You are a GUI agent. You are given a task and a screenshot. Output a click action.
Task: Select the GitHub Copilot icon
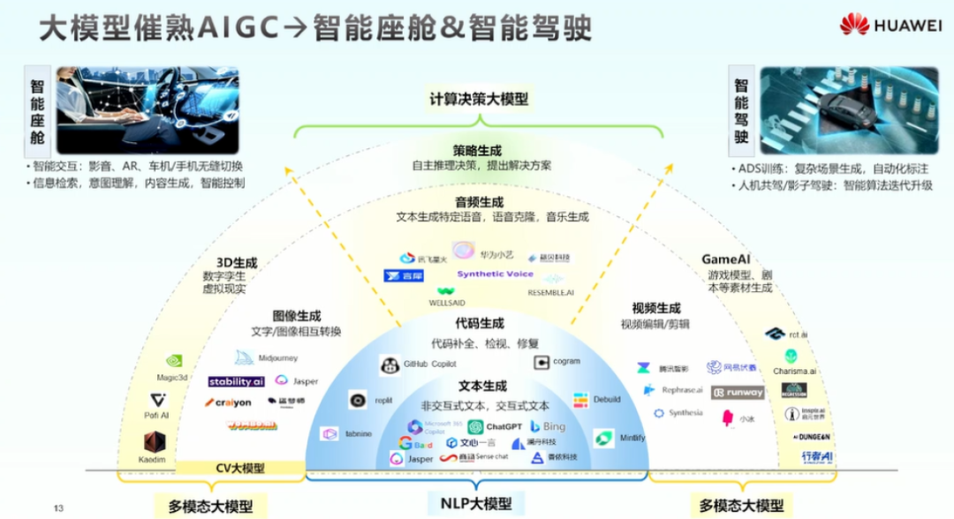click(389, 365)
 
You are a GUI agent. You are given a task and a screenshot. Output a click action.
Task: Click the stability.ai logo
click(237, 382)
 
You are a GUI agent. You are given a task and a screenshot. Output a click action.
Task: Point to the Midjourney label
click(277, 358)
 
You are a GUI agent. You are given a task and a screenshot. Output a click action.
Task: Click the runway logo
click(738, 393)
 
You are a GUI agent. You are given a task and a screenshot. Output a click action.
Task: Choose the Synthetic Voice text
click(495, 275)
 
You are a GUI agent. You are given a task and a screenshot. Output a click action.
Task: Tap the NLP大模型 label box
click(476, 504)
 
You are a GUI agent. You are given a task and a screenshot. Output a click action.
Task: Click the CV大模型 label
click(240, 469)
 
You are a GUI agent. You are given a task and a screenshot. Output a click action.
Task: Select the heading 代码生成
click(480, 323)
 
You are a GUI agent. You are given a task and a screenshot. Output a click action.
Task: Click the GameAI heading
click(726, 259)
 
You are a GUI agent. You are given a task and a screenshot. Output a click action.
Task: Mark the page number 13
click(59, 508)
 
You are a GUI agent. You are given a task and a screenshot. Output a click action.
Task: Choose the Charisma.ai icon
click(790, 357)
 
